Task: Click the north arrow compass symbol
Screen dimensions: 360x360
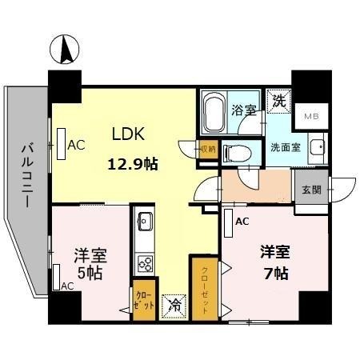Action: point(65,50)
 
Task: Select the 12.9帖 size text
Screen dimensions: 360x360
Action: point(133,165)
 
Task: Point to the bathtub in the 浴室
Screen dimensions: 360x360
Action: point(213,112)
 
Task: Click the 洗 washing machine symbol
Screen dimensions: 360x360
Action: point(278,102)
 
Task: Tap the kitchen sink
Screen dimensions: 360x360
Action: point(146,222)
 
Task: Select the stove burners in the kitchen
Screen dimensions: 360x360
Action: point(146,262)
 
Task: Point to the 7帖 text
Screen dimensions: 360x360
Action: point(275,272)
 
